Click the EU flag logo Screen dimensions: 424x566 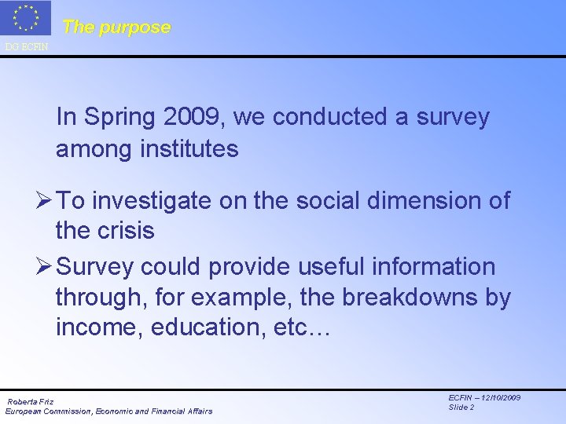click(26, 19)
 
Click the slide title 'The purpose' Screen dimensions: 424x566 click(116, 27)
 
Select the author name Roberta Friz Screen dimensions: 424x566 click(31, 402)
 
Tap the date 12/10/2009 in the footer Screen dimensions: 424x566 click(496, 398)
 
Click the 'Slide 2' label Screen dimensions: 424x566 click(461, 407)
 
